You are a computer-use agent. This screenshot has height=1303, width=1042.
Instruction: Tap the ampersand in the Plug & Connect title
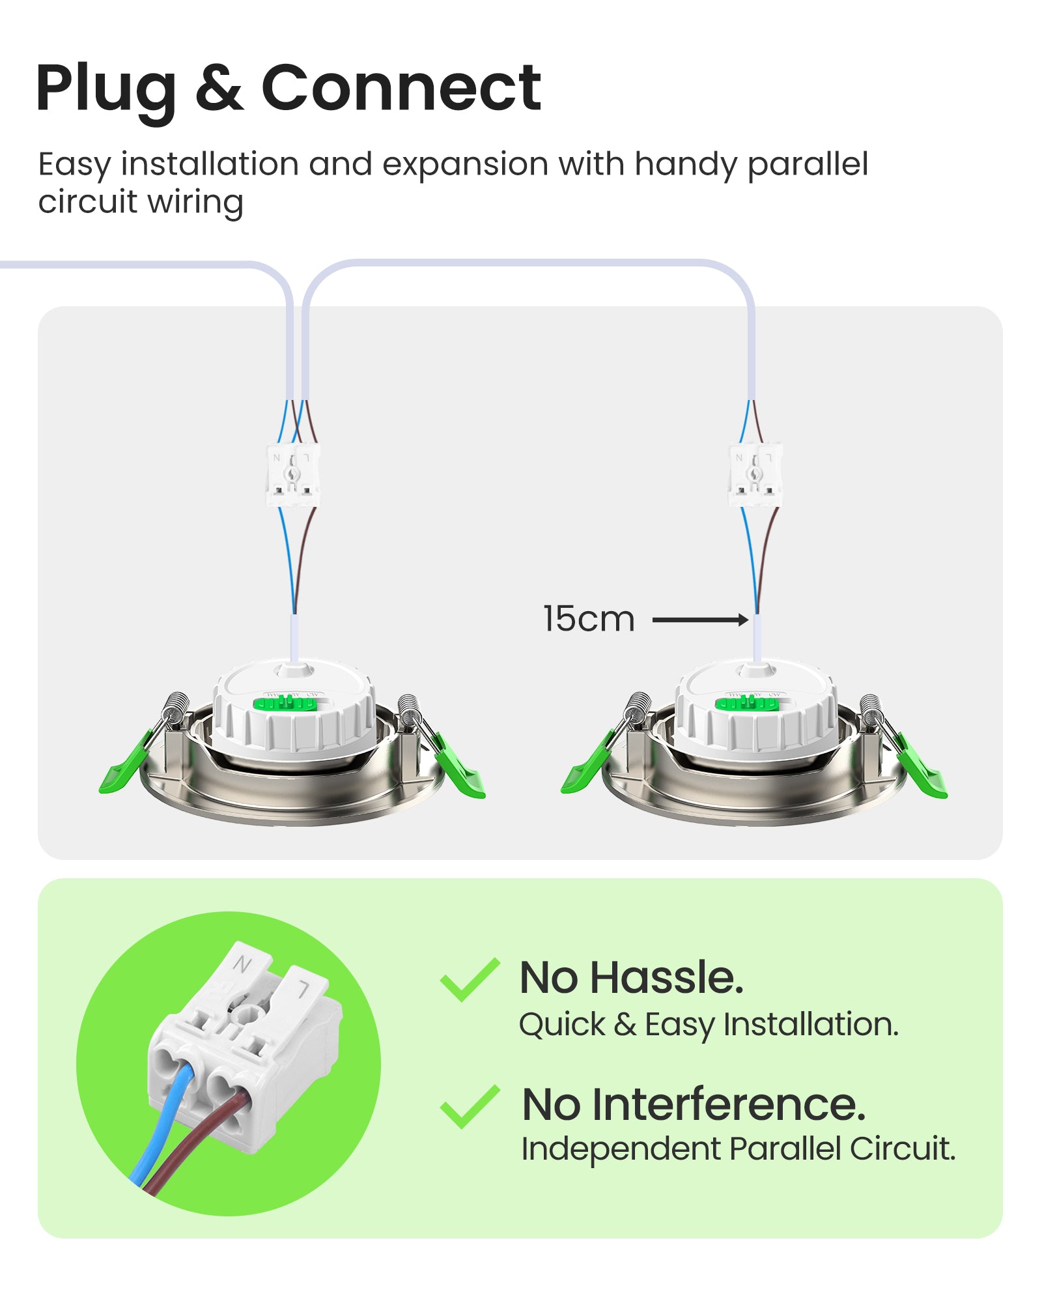[x=219, y=87]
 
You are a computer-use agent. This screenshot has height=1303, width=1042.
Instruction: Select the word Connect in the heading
[x=401, y=87]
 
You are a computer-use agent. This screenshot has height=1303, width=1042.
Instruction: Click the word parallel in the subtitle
[x=808, y=165]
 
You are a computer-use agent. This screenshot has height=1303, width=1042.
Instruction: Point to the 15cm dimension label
[x=589, y=619]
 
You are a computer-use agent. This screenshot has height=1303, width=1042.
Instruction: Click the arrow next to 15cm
[x=700, y=620]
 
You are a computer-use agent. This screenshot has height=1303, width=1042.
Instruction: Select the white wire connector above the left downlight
[x=292, y=475]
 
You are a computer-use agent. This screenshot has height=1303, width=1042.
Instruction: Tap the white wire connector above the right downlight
[x=755, y=475]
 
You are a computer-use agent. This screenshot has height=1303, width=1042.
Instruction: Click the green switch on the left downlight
[x=285, y=703]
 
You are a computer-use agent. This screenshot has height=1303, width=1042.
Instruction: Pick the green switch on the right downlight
[x=748, y=703]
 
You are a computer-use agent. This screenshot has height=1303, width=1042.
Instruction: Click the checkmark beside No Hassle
[x=470, y=979]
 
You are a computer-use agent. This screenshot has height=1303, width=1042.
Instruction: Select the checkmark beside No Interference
[x=470, y=1106]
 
